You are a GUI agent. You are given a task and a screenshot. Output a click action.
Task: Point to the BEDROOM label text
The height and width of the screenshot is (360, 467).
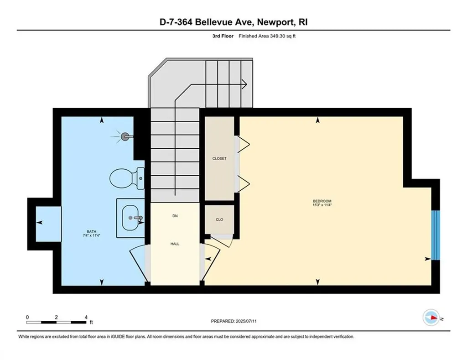pyautogui.click(x=322, y=201)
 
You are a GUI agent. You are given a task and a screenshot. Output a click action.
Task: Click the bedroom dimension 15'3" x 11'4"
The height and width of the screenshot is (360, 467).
pyautogui.click(x=322, y=205)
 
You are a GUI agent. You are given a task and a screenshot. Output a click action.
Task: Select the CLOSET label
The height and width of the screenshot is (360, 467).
pyautogui.click(x=219, y=158)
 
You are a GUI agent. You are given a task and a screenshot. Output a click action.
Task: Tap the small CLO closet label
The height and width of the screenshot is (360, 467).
pyautogui.click(x=219, y=219)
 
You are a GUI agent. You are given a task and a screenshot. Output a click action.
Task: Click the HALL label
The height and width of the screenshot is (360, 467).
pyautogui.click(x=175, y=244)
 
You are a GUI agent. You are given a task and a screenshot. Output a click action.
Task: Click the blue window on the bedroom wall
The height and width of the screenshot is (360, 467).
pyautogui.click(x=436, y=235)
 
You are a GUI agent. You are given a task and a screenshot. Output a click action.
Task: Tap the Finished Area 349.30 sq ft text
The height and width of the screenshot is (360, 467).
pyautogui.click(x=268, y=36)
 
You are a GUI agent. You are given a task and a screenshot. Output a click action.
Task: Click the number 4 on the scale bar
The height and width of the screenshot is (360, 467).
pyautogui.click(x=85, y=317)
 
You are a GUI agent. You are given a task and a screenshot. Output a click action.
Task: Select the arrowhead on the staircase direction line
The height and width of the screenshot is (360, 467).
pyautogui.click(x=244, y=83)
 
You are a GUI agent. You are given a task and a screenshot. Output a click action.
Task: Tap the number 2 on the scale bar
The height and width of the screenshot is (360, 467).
pyautogui.click(x=56, y=317)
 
